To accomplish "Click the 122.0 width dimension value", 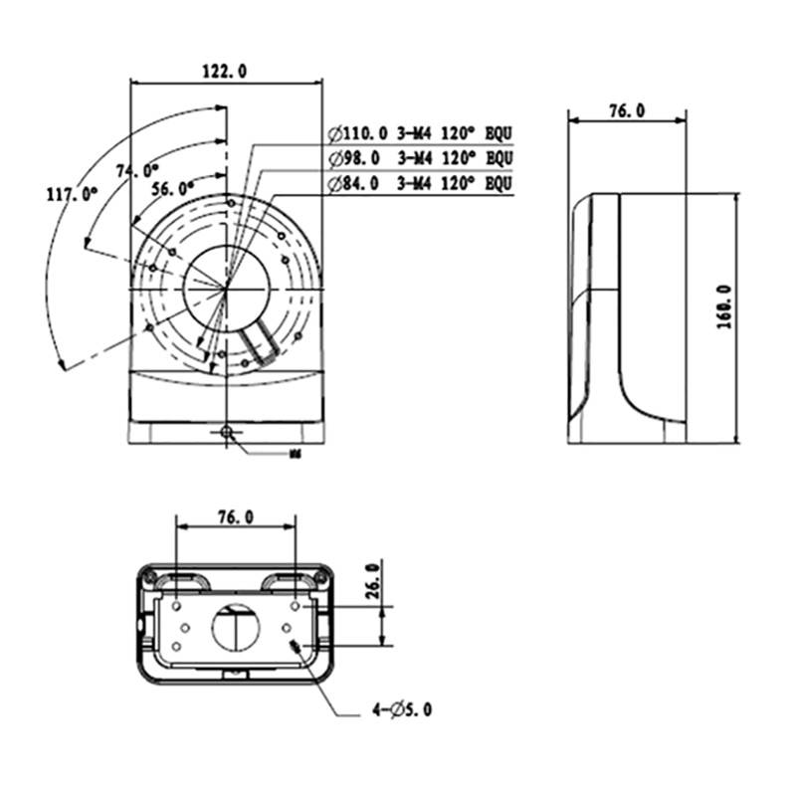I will [225, 71].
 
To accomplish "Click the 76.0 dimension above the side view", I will [626, 112].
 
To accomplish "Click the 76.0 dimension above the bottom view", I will [235, 516].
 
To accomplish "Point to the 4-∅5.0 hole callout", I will [402, 710].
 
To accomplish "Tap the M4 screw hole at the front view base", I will [228, 432].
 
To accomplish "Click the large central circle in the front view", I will [227, 286].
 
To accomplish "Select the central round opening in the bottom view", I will [235, 627].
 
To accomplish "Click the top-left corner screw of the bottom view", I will [149, 574].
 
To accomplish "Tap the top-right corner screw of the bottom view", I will [320, 574].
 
